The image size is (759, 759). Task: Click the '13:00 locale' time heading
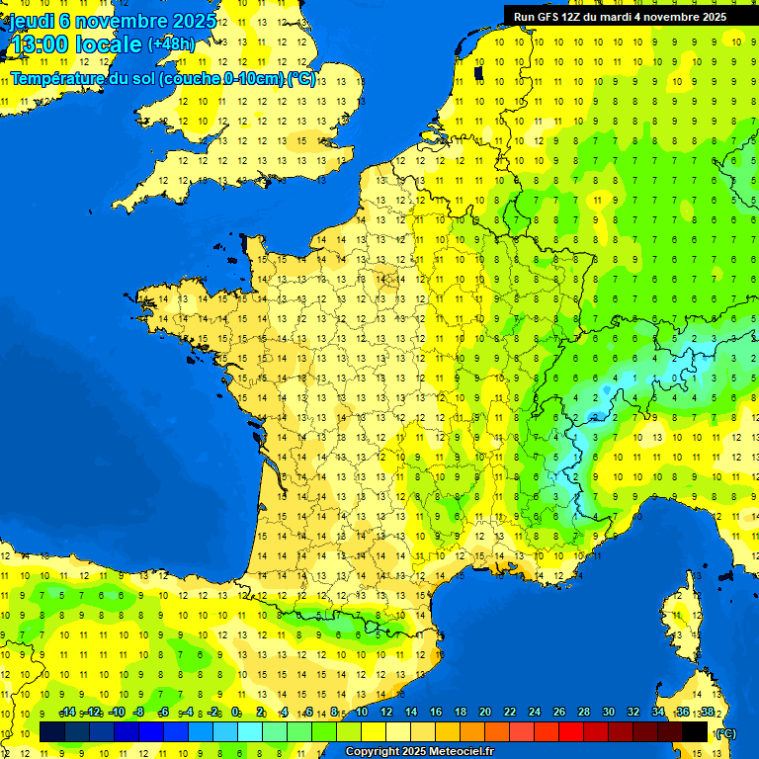pos(76,44)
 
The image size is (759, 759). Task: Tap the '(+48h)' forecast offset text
pos(171,44)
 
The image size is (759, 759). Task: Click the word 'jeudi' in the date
pos(30,21)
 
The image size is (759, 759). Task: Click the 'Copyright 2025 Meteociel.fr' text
pos(419,751)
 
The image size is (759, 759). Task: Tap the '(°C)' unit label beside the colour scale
pos(724,733)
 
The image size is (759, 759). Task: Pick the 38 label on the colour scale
pos(707,712)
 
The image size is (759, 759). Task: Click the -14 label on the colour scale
pos(67,712)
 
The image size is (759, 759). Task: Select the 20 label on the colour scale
pos(484,712)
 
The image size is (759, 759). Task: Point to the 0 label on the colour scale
pos(235,712)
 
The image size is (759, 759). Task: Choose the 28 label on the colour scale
pos(583,712)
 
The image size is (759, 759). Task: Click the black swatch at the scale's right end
pos(695,732)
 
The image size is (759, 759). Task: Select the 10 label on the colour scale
pos(361,712)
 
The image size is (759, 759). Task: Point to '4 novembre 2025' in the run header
pos(683,16)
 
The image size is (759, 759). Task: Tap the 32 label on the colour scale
pos(632,712)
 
